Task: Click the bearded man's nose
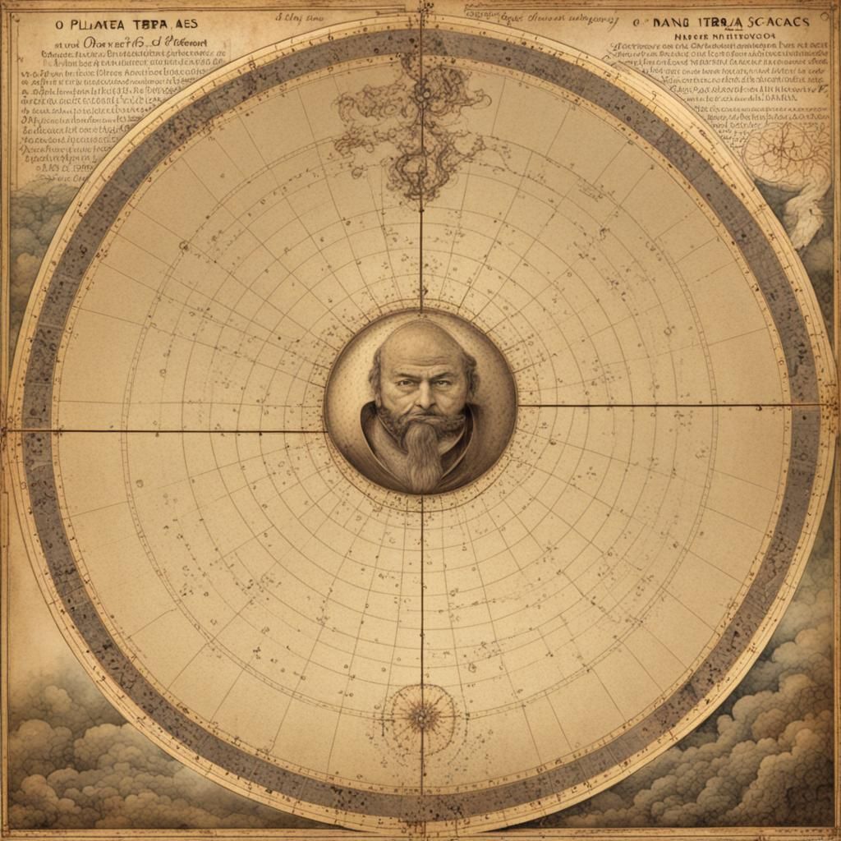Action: [x=422, y=398]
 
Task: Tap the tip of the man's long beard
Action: [x=422, y=485]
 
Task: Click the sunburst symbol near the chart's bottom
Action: [x=421, y=717]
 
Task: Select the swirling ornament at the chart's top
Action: [x=415, y=123]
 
